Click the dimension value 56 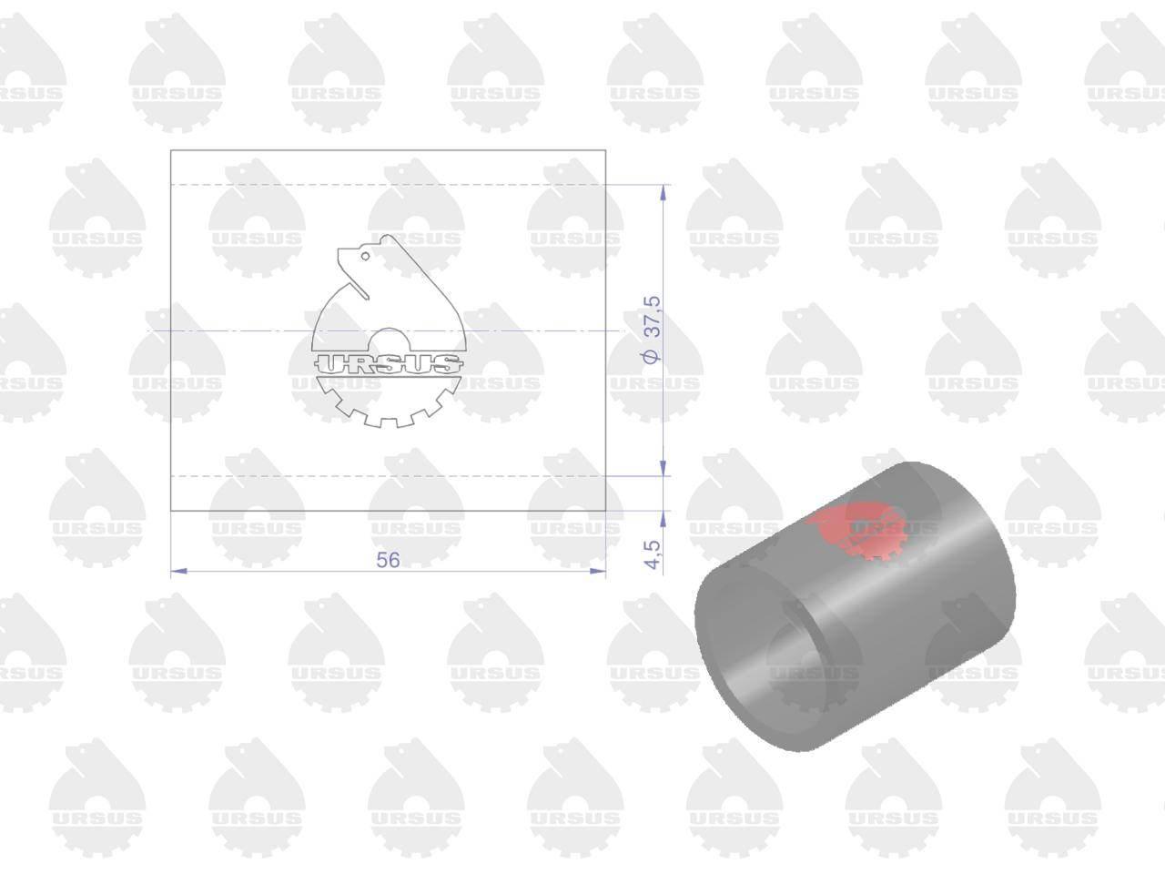pyautogui.click(x=388, y=560)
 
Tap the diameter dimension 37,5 pyautogui.click(x=653, y=317)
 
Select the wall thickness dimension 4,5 pyautogui.click(x=653, y=554)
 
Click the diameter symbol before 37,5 pyautogui.click(x=653, y=357)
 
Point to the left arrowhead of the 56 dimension pyautogui.click(x=178, y=572)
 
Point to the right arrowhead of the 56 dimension pyautogui.click(x=598, y=572)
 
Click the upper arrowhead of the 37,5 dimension pyautogui.click(x=663, y=193)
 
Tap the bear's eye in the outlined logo pyautogui.click(x=365, y=257)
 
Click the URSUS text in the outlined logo pyautogui.click(x=388, y=364)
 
